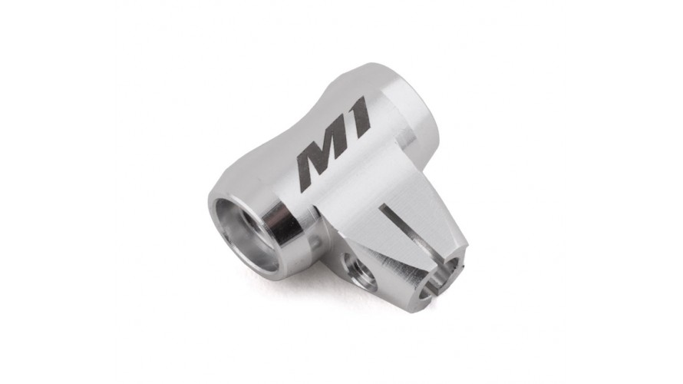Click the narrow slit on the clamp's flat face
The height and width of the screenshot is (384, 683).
click(411, 227)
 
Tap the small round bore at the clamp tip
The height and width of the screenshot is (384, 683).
click(439, 279)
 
